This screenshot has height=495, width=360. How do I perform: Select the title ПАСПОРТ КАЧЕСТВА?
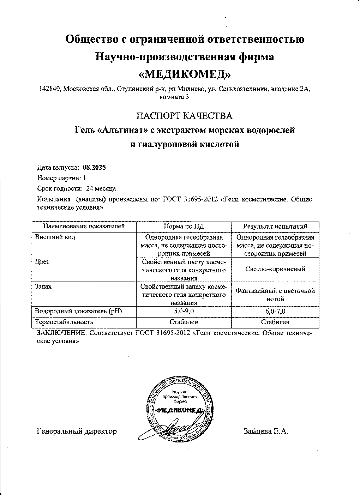[x=185, y=116]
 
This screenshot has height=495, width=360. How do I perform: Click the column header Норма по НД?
[x=184, y=227]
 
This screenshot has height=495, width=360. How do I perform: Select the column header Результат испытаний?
[x=275, y=227]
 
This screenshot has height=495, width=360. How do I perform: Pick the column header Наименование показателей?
[x=84, y=227]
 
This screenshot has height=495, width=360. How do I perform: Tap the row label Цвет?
[x=42, y=262]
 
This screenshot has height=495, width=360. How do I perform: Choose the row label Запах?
[x=43, y=286]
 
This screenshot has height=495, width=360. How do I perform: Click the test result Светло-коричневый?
[x=275, y=269]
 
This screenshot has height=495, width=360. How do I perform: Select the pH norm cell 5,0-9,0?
[x=184, y=311]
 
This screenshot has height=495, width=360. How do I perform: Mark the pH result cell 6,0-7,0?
[x=275, y=311]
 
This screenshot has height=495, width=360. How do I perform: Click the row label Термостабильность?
[x=64, y=322]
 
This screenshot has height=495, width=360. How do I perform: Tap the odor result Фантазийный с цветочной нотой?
[x=275, y=295]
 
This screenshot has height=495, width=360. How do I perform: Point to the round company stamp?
[x=180, y=410]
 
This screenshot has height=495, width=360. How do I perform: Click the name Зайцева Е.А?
[x=266, y=431]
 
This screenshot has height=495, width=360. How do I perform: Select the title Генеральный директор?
[x=77, y=431]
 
